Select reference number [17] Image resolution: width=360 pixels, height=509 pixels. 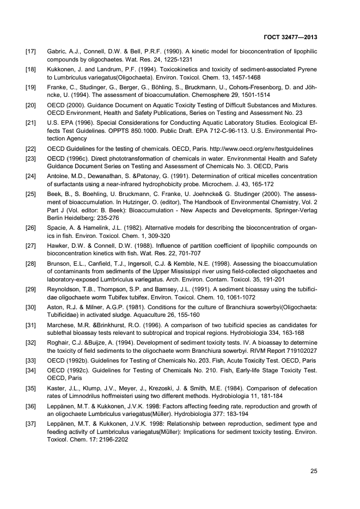pyautogui.click(x=32, y=52)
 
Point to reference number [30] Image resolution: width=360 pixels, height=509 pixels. pyautogui.click(x=32, y=292)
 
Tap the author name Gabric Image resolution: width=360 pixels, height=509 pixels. pyautogui.click(x=57, y=52)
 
